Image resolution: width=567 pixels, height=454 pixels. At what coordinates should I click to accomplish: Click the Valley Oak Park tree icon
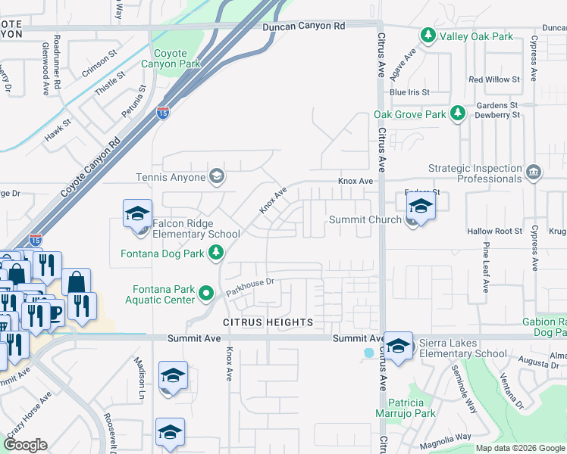click(x=428, y=36)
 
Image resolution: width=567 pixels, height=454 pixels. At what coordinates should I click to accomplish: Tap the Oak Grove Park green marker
click(x=457, y=113)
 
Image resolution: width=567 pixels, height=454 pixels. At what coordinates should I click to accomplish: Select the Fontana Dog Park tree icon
click(x=217, y=253)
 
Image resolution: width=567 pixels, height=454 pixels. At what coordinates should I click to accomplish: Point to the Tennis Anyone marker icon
click(x=217, y=177)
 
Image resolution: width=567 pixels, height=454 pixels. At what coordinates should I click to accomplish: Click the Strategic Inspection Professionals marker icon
click(x=533, y=173)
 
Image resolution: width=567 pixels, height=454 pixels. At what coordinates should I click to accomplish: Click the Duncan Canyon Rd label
click(x=303, y=26)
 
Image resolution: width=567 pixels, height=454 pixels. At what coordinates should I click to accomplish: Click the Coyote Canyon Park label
click(x=177, y=58)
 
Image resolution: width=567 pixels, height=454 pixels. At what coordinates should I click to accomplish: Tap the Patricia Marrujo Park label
click(x=405, y=408)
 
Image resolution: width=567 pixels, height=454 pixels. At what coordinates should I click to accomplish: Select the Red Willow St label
click(x=494, y=79)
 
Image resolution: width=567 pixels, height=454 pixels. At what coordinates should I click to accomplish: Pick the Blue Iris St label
click(x=409, y=92)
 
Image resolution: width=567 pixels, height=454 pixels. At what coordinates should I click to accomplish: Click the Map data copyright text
click(x=519, y=448)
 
